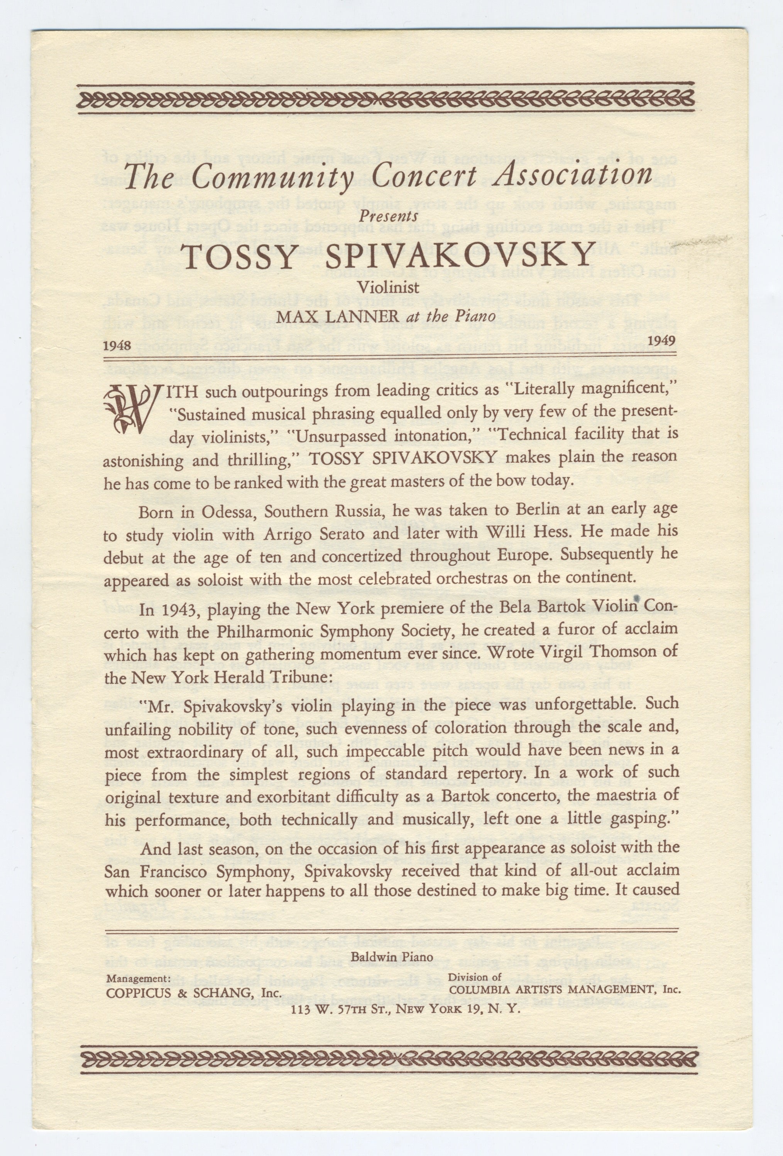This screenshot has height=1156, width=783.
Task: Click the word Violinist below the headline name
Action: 389,287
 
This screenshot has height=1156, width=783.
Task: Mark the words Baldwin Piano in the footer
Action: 392,956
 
